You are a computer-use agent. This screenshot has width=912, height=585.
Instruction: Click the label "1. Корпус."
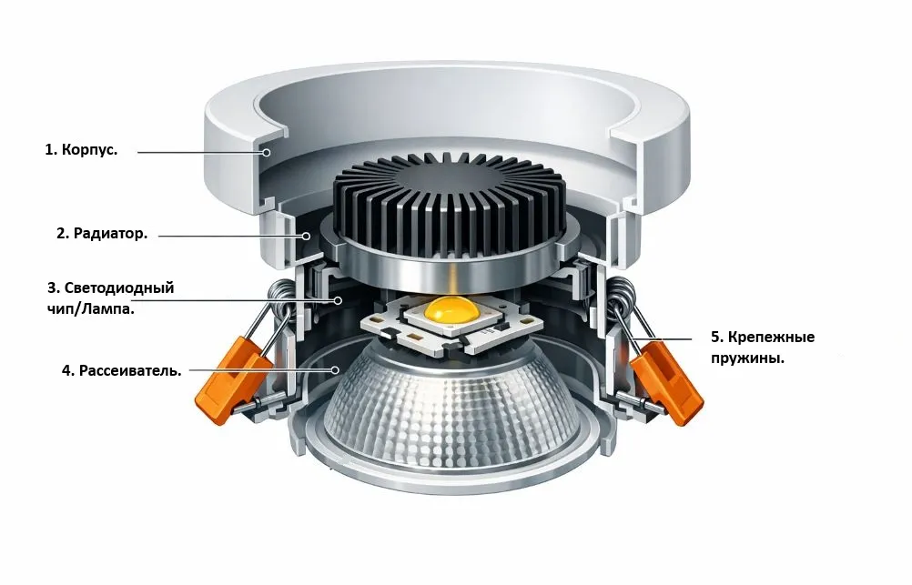81,149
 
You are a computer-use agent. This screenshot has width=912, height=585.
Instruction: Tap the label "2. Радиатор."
102,234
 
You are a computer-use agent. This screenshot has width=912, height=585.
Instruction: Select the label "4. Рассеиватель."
122,370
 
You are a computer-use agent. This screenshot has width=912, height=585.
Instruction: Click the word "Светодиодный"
118,287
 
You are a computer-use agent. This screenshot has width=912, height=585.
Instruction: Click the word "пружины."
747,358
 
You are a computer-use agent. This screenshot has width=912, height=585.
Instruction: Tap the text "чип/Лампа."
90,308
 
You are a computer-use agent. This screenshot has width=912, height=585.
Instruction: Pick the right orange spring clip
667,383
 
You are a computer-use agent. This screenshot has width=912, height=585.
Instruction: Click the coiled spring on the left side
282,296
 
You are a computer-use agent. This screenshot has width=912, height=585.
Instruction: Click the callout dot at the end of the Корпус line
266,152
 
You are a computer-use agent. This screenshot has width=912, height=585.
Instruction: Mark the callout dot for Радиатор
306,237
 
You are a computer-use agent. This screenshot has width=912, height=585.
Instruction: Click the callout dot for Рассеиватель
335,369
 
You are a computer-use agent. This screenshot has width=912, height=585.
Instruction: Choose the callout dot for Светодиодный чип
338,300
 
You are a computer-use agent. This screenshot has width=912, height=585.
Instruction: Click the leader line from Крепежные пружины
663,338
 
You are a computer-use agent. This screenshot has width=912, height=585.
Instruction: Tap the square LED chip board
452,326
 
